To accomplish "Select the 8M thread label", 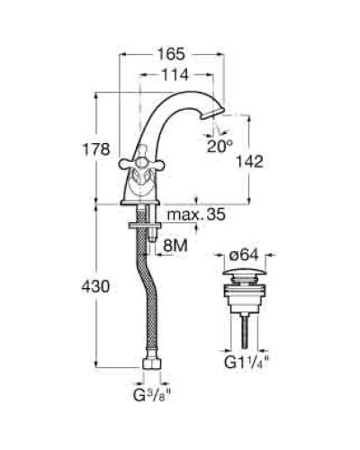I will tap(175, 243).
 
